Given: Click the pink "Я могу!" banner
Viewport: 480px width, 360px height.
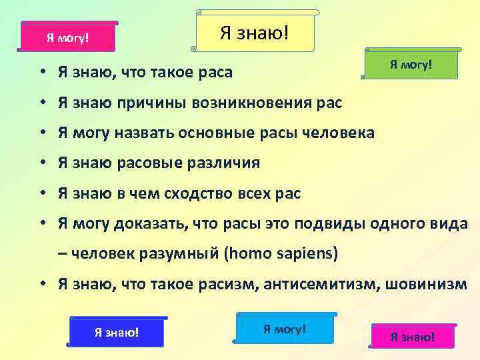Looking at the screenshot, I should click(67, 37).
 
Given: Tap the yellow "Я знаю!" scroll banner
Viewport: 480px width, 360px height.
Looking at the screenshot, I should click(255, 31).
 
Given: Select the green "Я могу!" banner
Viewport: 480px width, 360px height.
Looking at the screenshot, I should click(411, 65).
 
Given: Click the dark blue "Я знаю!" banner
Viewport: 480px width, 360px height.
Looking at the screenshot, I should click(117, 332).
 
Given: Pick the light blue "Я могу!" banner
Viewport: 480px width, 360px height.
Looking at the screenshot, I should click(285, 329).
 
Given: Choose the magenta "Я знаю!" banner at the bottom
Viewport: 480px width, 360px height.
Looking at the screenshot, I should click(412, 337).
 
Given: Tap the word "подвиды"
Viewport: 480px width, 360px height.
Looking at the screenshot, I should click(315, 224).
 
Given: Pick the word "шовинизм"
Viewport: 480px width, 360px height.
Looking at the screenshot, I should click(431, 285).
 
